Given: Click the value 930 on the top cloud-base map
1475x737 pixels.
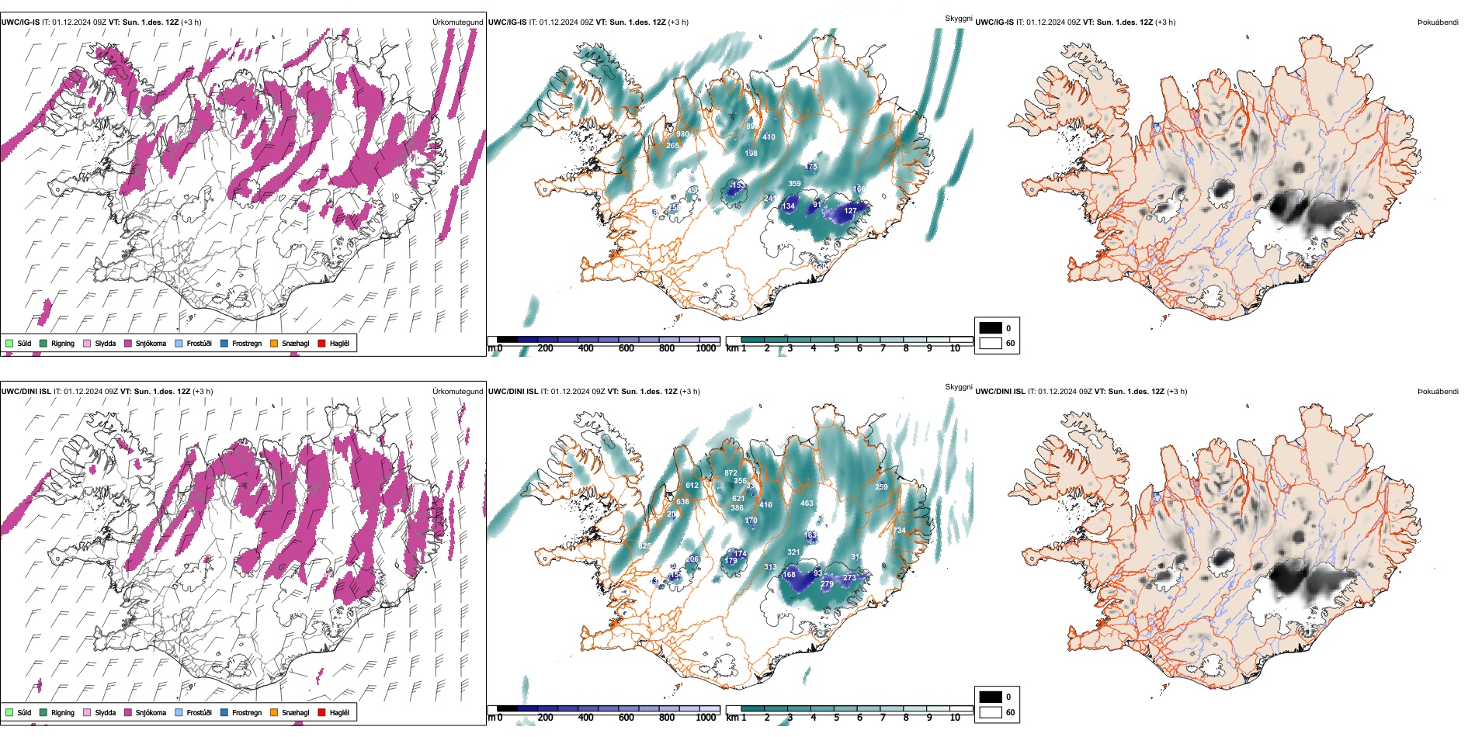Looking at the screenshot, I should coord(682,134).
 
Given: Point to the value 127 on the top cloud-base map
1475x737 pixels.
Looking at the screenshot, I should coord(850,211).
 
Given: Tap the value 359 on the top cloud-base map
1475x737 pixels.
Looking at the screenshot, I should coord(794,184).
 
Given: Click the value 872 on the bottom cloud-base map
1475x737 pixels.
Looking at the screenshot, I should coord(731,473).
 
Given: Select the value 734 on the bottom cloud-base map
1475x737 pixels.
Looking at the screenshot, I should coord(899,531).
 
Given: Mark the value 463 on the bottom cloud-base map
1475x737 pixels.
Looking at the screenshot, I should coord(807,503).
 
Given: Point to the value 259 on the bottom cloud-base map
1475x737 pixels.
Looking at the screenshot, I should coord(881,487).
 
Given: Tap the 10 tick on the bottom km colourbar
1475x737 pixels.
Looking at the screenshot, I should coord(955,718).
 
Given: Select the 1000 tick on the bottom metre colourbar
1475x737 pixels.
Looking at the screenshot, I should coord(706,718).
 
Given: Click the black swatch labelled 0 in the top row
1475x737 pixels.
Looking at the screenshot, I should coord(990,328).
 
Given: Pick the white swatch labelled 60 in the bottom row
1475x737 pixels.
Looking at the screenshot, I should coord(990,712).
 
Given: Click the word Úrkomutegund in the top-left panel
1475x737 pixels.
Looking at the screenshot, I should coord(457,22).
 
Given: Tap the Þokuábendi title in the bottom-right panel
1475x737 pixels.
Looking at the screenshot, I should coord(1438,392).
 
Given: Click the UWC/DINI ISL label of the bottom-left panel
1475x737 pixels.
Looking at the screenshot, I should coord(26,392).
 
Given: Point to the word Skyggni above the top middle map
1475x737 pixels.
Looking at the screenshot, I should coord(958,19).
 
